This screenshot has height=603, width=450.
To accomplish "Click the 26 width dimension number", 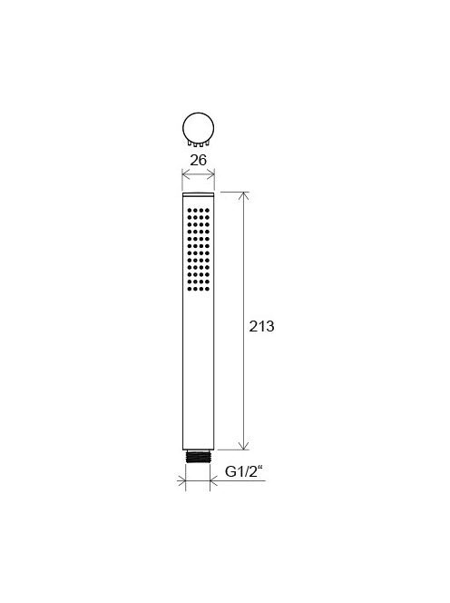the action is [x=199, y=160].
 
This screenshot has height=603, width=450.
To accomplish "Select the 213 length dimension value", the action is [x=261, y=327].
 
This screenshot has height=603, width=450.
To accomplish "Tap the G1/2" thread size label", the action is [x=244, y=471].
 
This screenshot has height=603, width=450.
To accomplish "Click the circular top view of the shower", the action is [x=199, y=128].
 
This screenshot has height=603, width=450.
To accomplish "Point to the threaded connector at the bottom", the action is [x=198, y=456].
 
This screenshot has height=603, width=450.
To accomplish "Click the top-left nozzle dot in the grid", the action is [x=190, y=211].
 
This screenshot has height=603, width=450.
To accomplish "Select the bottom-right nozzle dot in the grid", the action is [x=208, y=289].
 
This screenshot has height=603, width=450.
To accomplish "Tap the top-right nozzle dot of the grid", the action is [x=208, y=211].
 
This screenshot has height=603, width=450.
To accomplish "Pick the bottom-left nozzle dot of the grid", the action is [x=190, y=289].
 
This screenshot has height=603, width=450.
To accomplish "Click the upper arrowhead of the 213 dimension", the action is [x=243, y=196].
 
